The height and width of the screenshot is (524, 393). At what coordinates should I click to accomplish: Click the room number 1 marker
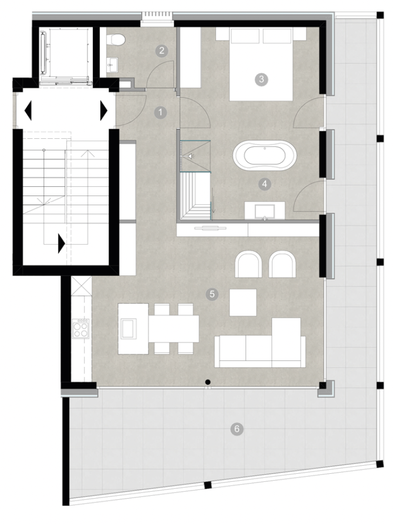[x=161, y=112]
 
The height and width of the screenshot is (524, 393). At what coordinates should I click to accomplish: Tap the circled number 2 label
[x=161, y=51]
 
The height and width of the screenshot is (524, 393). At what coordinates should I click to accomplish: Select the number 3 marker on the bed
[x=261, y=79]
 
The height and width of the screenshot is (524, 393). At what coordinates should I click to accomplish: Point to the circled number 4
[x=265, y=184]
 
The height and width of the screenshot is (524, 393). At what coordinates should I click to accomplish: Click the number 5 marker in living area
[x=212, y=294]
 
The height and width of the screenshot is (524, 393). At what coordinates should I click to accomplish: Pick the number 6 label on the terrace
[x=237, y=428]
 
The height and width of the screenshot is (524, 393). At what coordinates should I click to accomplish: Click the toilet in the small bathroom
[x=115, y=39]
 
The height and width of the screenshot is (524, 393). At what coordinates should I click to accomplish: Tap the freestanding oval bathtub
[x=265, y=157]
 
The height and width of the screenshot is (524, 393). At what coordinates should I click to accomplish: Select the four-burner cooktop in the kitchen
[x=81, y=328]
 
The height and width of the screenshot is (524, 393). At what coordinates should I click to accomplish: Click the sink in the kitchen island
[x=128, y=328]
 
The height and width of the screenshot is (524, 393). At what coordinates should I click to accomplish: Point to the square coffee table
[x=243, y=303]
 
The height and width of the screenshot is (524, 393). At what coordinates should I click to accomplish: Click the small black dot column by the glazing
[x=208, y=382]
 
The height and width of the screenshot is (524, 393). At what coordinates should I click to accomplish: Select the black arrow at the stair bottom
[x=62, y=243]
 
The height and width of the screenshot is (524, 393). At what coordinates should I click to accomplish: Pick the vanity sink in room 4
[x=265, y=211]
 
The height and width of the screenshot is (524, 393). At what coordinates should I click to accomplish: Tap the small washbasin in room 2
[x=113, y=64]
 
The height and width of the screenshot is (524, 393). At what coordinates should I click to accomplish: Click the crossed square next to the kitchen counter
[x=81, y=286]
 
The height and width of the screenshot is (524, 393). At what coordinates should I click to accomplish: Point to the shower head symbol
[x=191, y=156]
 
